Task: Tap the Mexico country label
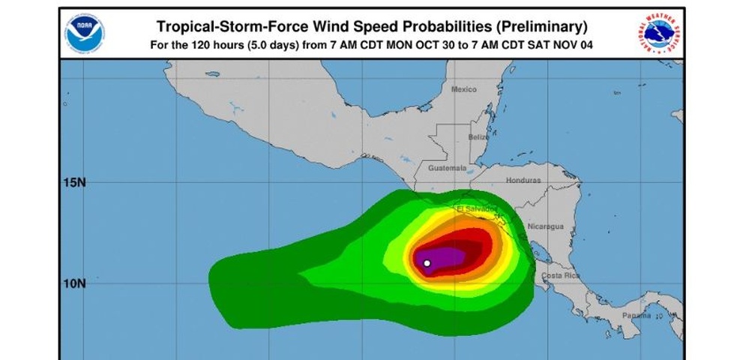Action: point(463,89)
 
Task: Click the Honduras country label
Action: point(523,181)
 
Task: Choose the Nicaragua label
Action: point(545,226)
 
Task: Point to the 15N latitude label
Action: point(73,182)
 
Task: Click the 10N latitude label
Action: point(73,283)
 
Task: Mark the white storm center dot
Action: point(427,263)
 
